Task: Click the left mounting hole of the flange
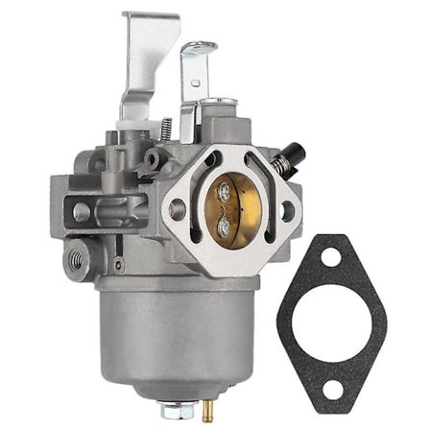click(x=177, y=208)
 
